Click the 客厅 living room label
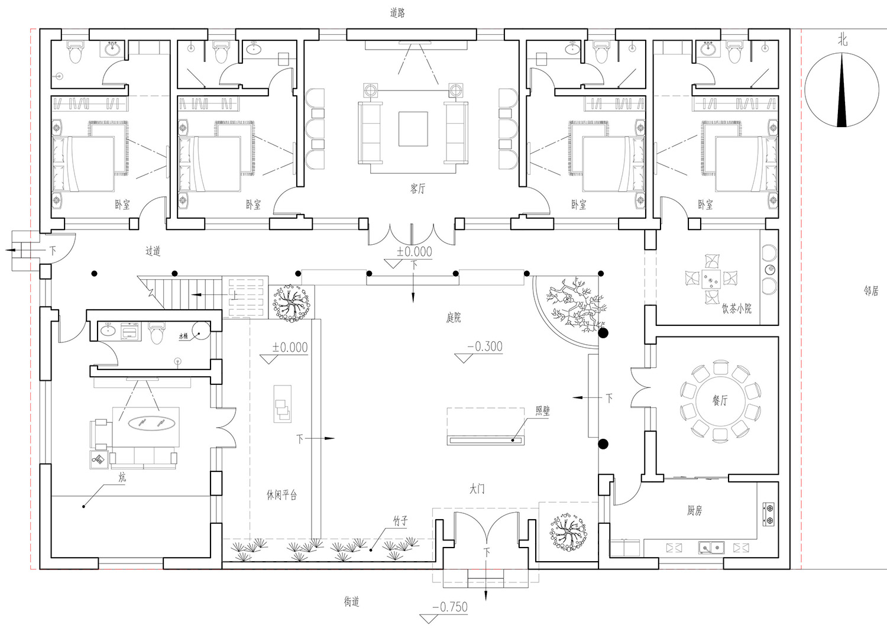(x=417, y=189)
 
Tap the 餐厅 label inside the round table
(x=720, y=400)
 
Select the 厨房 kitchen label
(x=695, y=510)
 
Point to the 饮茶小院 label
(x=737, y=308)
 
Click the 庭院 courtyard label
(x=453, y=318)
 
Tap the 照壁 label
(x=542, y=411)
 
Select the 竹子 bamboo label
(x=401, y=521)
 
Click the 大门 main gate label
(x=477, y=490)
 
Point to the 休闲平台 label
(x=281, y=495)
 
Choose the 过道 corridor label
(x=153, y=251)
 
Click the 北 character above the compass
(x=843, y=40)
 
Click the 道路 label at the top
(x=397, y=12)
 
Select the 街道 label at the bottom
(x=351, y=602)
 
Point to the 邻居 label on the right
(x=871, y=291)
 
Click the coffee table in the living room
(x=413, y=129)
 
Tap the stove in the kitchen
(x=769, y=514)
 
